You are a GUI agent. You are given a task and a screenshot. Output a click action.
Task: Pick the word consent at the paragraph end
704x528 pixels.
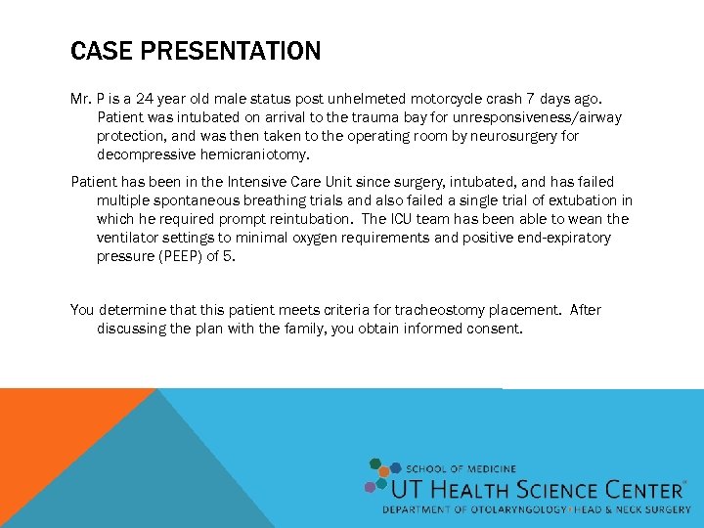point(495,329)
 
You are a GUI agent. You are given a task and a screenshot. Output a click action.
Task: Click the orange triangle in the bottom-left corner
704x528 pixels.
point(49,440)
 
